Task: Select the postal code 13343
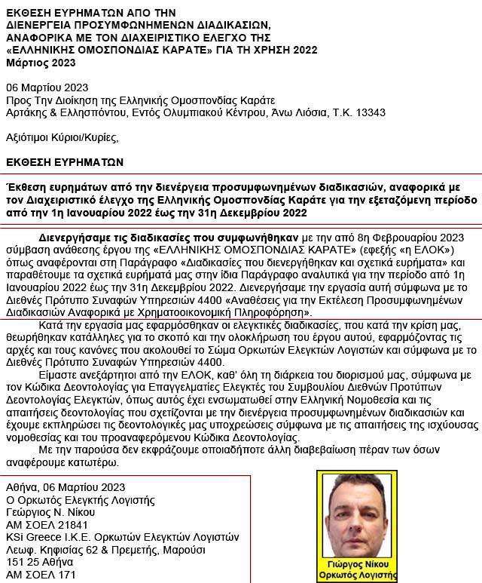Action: [x=371, y=112]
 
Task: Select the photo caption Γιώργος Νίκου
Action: [x=356, y=563]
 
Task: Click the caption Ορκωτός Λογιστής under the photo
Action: [x=356, y=575]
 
